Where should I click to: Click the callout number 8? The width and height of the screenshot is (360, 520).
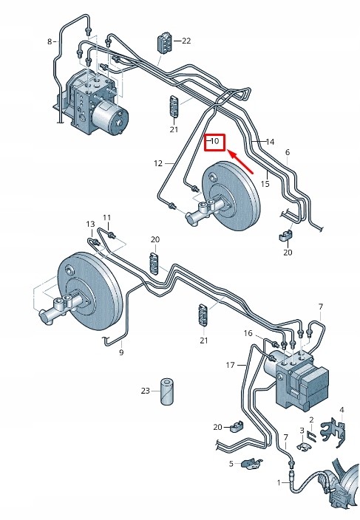coord(50,41)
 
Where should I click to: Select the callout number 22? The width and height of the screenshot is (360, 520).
coord(186,41)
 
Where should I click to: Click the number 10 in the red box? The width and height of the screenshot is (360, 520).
coord(215,140)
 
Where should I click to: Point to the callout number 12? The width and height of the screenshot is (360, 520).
coord(158,163)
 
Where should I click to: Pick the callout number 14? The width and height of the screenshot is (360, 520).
coord(270,141)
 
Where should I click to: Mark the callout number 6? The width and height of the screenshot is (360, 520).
coord(287,152)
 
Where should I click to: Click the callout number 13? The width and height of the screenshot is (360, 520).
coord(90,224)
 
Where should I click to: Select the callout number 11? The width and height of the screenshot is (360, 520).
coord(106,217)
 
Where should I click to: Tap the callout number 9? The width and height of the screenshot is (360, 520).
coord(121,352)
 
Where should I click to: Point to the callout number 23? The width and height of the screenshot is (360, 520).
coord(146,391)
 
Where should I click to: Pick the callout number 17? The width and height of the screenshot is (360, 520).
coord(230,365)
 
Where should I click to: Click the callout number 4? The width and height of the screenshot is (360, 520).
coord(342,409)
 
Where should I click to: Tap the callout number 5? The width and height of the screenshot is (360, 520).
coord(231,464)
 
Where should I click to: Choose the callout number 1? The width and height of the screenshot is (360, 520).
coord(279,482)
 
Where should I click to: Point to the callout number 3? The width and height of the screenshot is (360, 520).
coord(302,430)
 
